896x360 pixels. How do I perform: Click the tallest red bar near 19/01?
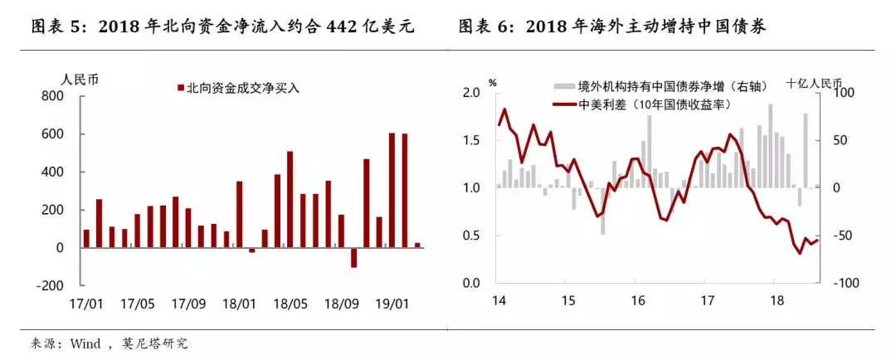point(392,190)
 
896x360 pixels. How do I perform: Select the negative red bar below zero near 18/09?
point(353,257)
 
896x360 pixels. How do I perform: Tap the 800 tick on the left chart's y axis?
point(52,96)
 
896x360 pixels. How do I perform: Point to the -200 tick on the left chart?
point(49,285)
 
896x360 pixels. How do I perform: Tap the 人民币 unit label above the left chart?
point(80,79)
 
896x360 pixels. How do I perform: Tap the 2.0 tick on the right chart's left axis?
point(473,92)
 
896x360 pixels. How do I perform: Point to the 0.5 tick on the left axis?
point(473,236)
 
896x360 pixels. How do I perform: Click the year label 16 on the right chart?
point(635,300)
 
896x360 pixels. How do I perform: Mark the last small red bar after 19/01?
point(417,245)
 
